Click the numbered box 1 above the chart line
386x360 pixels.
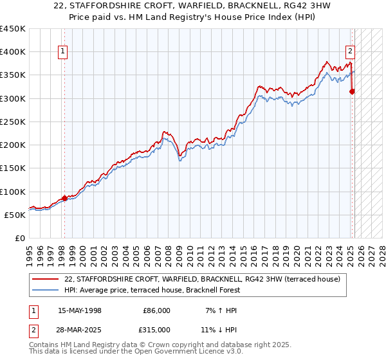64,52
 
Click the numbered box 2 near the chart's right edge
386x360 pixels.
351,52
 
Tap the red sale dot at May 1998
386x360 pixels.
64,198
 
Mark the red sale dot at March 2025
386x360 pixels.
353,91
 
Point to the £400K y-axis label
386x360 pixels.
13,52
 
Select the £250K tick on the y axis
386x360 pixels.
13,122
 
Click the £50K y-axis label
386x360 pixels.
15,215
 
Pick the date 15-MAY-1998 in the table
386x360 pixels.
80,310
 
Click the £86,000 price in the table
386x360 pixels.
156,310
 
